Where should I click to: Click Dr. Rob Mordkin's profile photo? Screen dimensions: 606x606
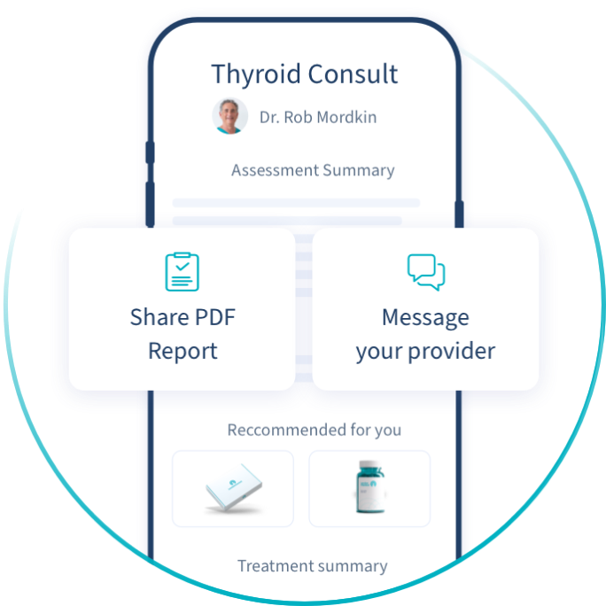[230, 116]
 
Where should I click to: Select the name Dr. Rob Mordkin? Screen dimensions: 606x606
[318, 117]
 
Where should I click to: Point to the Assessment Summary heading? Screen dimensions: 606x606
[313, 170]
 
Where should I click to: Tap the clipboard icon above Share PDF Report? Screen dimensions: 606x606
[182, 272]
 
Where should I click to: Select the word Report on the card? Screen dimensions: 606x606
[183, 351]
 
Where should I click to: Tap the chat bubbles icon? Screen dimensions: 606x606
[425, 272]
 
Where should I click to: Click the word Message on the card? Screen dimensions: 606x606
[425, 317]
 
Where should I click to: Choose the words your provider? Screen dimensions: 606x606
[425, 351]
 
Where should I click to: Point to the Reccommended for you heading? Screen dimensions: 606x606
[314, 431]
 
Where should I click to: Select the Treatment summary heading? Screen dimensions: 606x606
[312, 566]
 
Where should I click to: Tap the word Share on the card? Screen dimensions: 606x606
[159, 317]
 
